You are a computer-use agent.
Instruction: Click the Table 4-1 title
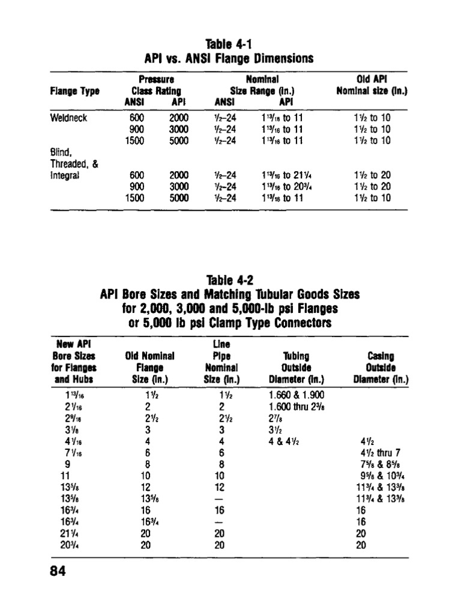point(230,45)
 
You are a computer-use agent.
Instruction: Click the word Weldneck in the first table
point(70,118)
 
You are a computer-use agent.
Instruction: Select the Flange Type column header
point(75,91)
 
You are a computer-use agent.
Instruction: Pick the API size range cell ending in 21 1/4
point(285,175)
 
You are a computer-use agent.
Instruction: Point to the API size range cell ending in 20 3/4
point(285,186)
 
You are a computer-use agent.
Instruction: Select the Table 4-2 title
point(230,280)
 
